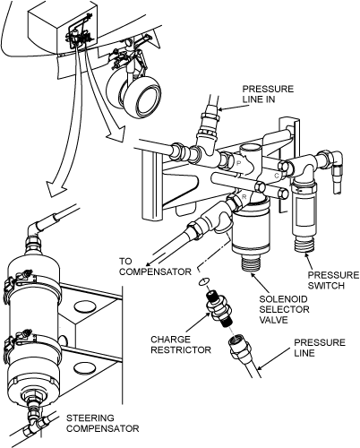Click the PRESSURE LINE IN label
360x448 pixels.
pyautogui.click(x=268, y=94)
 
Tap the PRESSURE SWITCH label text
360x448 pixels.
pyautogui.click(x=333, y=280)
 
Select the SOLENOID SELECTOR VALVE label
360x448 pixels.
pyautogui.click(x=284, y=309)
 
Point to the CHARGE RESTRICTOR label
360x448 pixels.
pyautogui.click(x=181, y=344)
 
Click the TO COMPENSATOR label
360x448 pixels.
pyautogui.click(x=155, y=266)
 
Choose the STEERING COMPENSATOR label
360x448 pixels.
pyautogui.click(x=103, y=423)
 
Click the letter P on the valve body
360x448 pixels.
pyautogui.click(x=238, y=163)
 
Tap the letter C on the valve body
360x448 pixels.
pyautogui.click(x=277, y=176)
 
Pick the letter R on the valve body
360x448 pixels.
pyautogui.click(x=244, y=197)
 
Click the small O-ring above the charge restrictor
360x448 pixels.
pyautogui.click(x=204, y=281)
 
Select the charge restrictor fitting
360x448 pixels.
pyautogui.click(x=219, y=308)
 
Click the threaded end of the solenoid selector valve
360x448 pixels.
pyautogui.click(x=251, y=263)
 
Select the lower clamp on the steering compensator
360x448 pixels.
pyautogui.click(x=33, y=343)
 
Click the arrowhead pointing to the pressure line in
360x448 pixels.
pyautogui.click(x=222, y=109)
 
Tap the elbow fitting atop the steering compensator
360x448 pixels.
pyautogui.click(x=38, y=228)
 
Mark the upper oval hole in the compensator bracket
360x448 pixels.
pyautogui.click(x=85, y=306)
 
